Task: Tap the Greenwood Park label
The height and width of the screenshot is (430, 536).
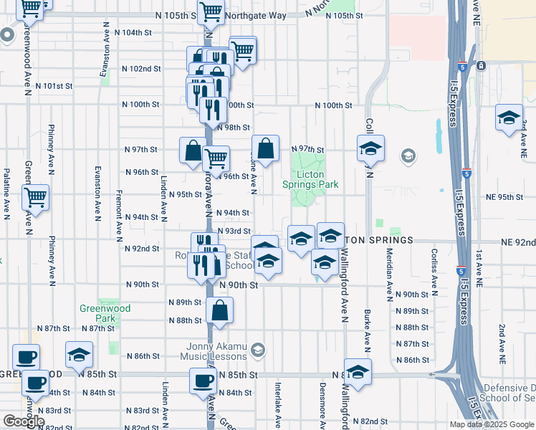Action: point(105,313)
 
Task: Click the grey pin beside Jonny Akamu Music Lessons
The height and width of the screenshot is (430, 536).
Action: point(258,350)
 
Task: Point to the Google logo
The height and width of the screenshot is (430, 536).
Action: point(24,421)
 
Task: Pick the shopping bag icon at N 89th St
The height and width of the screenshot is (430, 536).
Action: point(220,311)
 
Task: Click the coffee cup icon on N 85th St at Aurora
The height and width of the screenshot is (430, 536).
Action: point(203,381)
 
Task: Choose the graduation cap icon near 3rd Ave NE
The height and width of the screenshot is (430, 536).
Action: point(509,118)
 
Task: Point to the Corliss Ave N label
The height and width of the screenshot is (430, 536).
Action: point(434,269)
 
